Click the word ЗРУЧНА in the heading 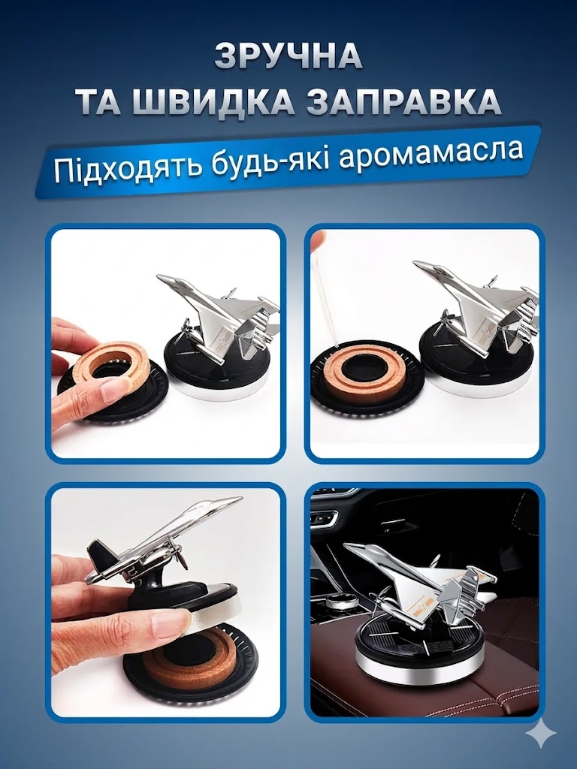288,57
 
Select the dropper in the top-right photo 330,285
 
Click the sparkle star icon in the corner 541,734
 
